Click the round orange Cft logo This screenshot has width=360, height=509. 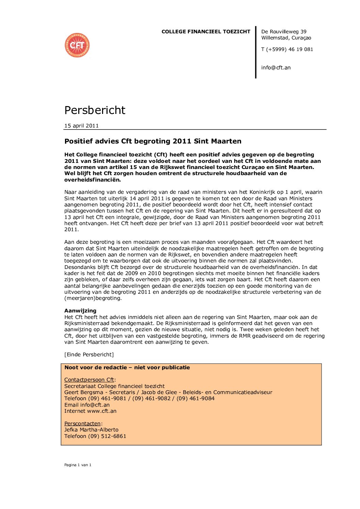click(77, 45)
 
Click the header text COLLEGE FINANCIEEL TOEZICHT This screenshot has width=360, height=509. click(206, 32)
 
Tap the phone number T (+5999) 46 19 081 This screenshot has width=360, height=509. click(287, 49)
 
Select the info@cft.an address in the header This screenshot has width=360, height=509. click(276, 68)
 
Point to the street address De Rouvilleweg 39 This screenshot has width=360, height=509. click(284, 32)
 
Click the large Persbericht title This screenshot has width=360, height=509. click(95, 110)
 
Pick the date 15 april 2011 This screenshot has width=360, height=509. click(81, 126)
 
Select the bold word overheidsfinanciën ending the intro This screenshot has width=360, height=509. click(92, 180)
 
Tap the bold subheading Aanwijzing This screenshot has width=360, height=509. click(80, 310)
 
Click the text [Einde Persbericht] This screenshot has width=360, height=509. click(89, 355)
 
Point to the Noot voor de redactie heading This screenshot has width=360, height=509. click(127, 368)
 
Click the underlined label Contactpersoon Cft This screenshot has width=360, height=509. click(89, 380)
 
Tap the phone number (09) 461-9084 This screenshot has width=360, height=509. click(195, 398)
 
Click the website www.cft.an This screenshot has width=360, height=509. click(102, 411)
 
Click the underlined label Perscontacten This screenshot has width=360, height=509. click(82, 424)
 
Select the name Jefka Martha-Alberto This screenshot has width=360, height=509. click(91, 430)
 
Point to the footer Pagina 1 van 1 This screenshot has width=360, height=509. click(78, 465)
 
